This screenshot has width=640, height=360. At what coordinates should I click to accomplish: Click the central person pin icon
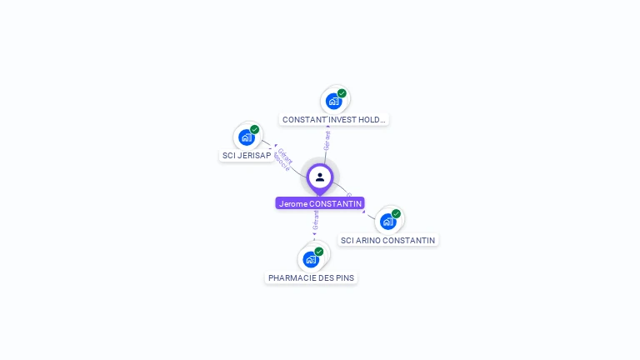(x=320, y=177)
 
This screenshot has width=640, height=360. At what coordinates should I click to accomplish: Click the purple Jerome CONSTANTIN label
(x=320, y=203)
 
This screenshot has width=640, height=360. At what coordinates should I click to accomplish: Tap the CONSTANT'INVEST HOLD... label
(x=333, y=120)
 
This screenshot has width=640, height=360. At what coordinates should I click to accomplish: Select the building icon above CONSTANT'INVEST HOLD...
(x=333, y=102)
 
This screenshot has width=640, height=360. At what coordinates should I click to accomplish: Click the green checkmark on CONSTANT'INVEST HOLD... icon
(x=342, y=93)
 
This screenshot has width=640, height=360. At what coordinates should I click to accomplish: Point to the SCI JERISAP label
(x=247, y=156)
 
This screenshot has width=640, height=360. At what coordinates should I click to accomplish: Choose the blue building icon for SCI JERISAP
(x=246, y=137)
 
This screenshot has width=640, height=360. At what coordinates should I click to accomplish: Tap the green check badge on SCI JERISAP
(x=254, y=130)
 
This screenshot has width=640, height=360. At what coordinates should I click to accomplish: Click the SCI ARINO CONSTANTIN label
(x=387, y=241)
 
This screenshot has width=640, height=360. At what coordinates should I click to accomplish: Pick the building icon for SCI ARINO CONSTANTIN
(x=387, y=222)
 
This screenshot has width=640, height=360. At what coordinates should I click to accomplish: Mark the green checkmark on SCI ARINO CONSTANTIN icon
(x=396, y=214)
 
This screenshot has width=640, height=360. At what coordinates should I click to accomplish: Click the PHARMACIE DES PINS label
(x=311, y=277)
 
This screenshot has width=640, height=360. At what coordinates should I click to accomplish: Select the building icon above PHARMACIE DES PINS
(x=311, y=259)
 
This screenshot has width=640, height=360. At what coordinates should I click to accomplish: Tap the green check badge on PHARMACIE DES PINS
(x=319, y=252)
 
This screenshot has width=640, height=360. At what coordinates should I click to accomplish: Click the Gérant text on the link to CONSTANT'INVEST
(x=327, y=139)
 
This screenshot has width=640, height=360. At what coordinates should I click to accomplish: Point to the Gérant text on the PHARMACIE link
(x=316, y=221)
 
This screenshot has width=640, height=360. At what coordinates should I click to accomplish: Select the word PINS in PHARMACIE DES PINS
(x=346, y=277)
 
